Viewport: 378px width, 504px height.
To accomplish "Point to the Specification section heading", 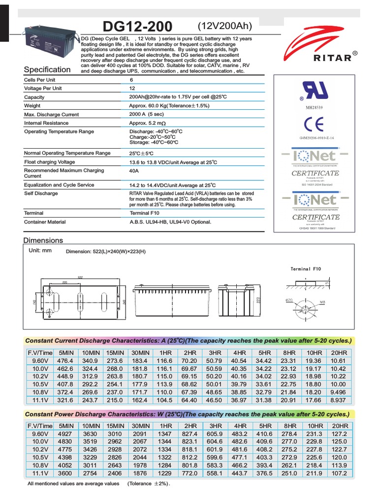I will [47, 69].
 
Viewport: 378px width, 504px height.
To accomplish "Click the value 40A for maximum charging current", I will [134, 170].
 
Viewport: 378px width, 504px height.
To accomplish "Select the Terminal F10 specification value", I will [145, 213].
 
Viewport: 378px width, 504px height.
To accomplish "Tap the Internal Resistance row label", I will [47, 123].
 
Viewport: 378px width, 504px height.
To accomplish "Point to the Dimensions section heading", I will [43, 240].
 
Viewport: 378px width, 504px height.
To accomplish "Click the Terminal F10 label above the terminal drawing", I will [306, 269].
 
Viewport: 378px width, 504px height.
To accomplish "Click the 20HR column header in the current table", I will [339, 353].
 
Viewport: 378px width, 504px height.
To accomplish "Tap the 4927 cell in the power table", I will [65, 434].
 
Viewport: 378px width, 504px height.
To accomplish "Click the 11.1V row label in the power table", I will [39, 473].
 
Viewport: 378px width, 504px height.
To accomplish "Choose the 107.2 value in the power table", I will [339, 473].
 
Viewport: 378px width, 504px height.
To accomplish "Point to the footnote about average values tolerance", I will [98, 484].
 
